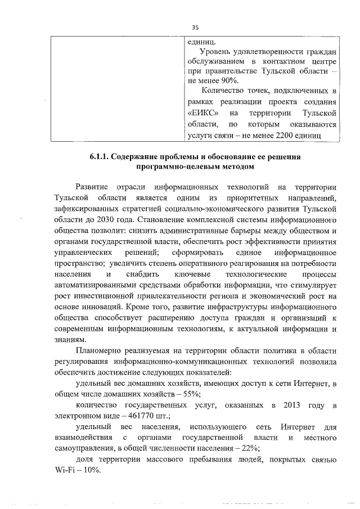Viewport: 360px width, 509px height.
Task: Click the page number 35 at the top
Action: coord(195,27)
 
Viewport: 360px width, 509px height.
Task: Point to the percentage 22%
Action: coord(249,448)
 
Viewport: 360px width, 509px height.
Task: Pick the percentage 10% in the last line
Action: coord(91,471)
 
